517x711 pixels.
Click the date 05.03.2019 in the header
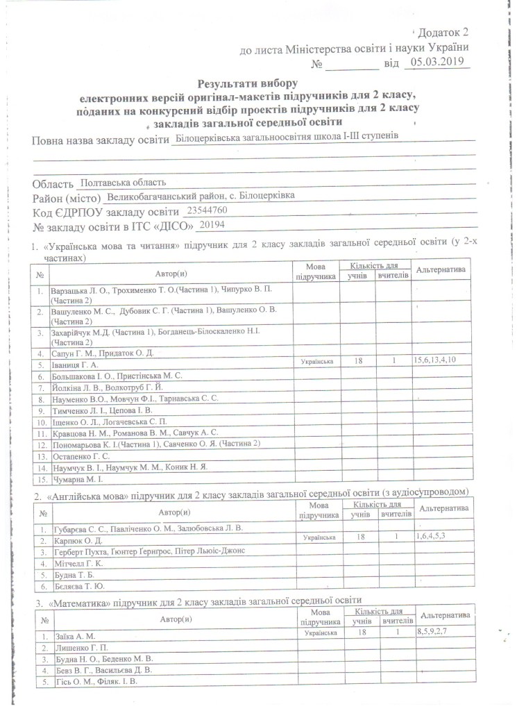(439, 63)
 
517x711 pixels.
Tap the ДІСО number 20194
(211, 225)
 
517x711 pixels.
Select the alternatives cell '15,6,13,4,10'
(442, 361)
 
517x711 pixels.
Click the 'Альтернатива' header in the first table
(441, 269)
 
